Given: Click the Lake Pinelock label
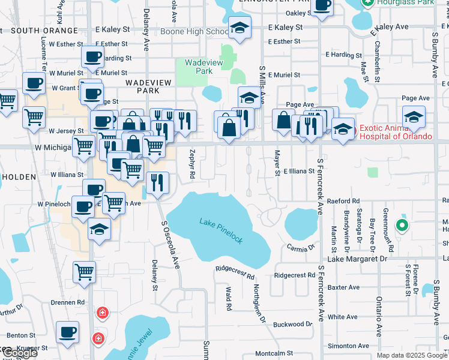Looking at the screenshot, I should point(221,231).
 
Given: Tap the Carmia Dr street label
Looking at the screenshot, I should point(301,247).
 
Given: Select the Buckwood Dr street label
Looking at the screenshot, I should point(293,324).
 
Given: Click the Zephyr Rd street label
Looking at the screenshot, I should point(193,164).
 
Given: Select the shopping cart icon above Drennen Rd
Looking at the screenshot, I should point(84,271).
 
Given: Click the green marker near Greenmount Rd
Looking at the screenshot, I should point(402,226).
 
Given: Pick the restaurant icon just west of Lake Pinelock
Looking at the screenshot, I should point(157,182).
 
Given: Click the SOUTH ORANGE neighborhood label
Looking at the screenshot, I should point(44,31).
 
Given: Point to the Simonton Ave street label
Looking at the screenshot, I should point(349,346).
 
